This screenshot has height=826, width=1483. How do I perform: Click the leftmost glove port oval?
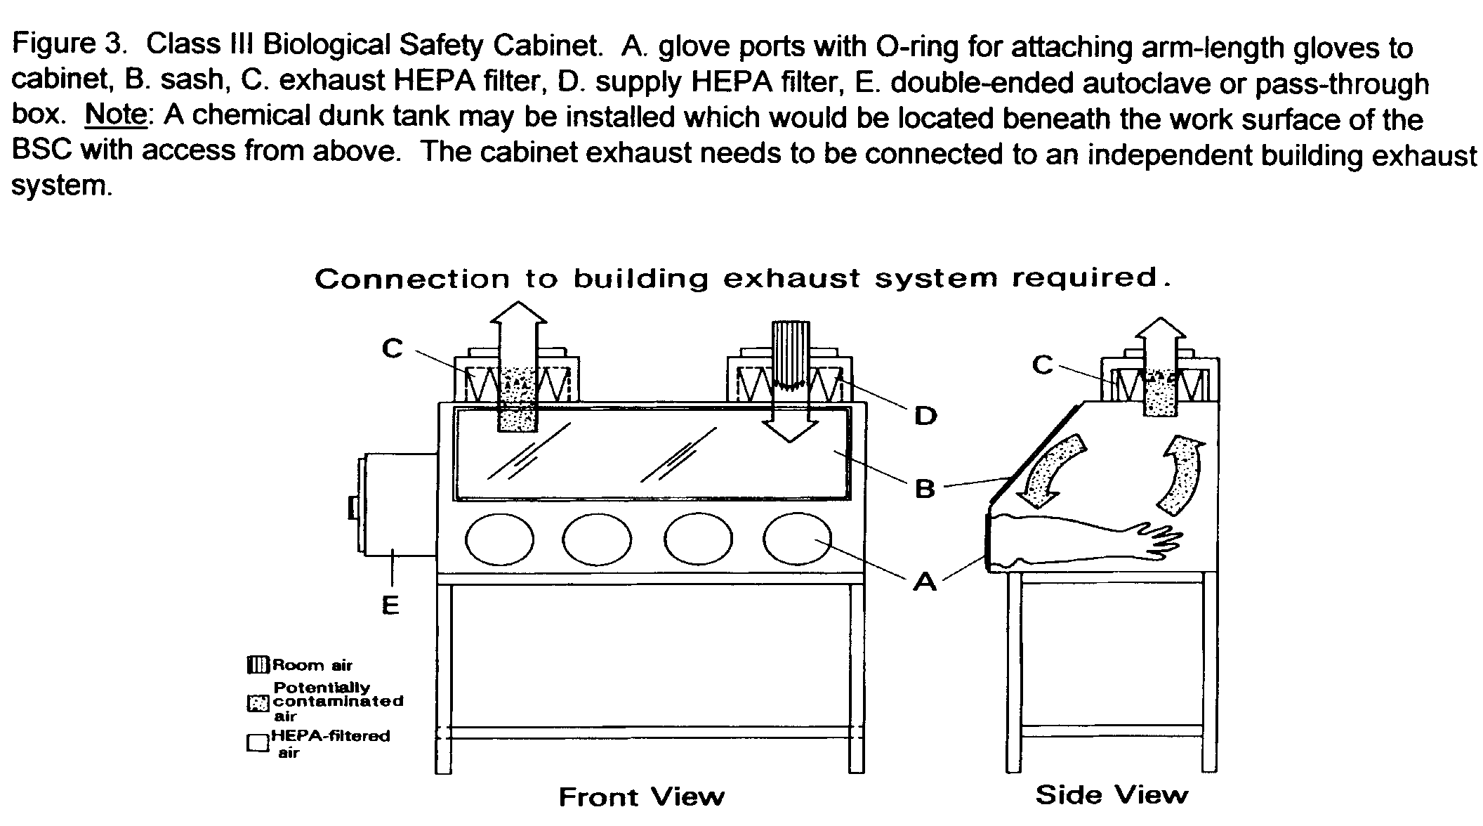point(499,539)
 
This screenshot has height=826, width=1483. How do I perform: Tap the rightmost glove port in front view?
point(797,538)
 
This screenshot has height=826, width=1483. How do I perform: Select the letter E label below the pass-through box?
point(390,605)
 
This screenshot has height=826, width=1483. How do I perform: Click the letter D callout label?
point(925,416)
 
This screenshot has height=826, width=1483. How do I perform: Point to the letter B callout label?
point(925,488)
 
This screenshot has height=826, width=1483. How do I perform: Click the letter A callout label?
point(925,581)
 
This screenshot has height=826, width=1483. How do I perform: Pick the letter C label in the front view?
point(393,348)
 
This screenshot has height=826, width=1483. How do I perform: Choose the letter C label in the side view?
point(1043,365)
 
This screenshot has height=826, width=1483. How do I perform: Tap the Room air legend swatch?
point(258,664)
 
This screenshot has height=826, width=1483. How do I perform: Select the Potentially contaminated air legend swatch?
point(258,702)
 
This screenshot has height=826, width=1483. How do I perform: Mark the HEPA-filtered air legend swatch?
point(258,744)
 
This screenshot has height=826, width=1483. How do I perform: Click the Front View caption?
point(641,797)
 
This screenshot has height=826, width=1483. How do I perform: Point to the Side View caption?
point(1112,795)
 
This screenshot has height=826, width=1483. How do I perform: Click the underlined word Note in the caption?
point(117,114)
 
